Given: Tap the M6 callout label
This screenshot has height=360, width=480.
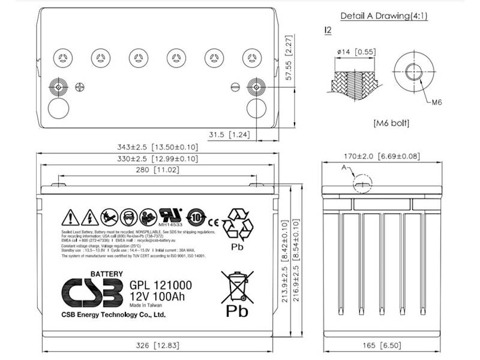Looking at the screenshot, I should (x=437, y=103).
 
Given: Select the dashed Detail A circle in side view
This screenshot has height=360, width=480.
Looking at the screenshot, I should (x=362, y=184).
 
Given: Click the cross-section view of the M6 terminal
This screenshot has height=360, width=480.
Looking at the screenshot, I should (x=356, y=78).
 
